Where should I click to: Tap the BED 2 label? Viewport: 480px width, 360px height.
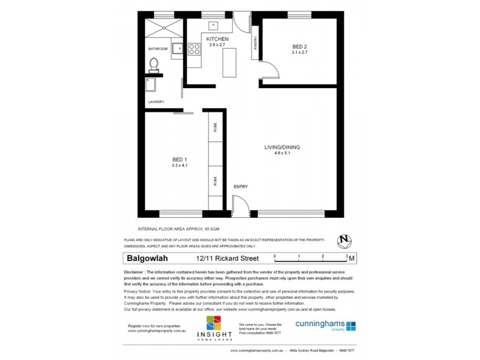tap(299, 46)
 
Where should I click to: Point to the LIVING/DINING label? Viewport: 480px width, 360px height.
tap(282, 148)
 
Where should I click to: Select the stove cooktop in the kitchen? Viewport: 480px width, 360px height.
tap(195, 49)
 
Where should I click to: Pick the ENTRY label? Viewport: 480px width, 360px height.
tap(241, 187)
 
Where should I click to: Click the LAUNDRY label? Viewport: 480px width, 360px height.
tap(156, 102)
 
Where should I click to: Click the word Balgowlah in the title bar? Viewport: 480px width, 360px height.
tap(148, 259)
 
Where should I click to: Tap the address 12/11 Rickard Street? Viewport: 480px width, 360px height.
tap(227, 259)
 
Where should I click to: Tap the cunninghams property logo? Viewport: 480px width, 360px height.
tap(326, 325)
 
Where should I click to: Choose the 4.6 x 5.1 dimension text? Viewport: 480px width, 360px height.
tap(282, 154)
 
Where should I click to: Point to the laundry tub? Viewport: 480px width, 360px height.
tap(152, 82)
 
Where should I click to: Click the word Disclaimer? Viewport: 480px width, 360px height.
tap(137, 272)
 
